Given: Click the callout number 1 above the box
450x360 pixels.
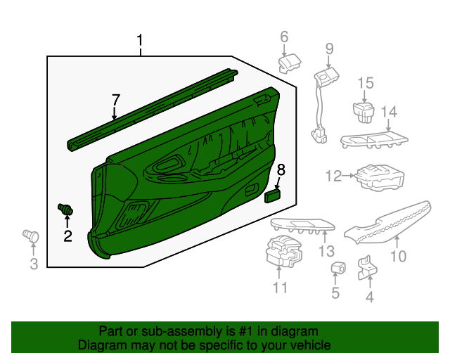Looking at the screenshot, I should pos(140,41).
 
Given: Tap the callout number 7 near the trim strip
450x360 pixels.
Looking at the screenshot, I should pos(116,101).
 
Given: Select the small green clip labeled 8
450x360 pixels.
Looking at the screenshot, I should pos(274,195).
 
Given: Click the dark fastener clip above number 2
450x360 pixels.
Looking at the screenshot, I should pos(67,210).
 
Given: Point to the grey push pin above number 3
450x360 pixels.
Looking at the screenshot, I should pos(30,235).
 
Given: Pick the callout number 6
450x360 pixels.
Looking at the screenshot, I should pos(284,37).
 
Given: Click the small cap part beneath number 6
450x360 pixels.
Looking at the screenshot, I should pos(290,64).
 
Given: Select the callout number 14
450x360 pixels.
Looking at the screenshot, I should pos(389,112).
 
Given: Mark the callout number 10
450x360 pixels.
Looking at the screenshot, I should pos(398,257).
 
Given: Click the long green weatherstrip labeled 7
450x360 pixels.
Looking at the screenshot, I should pos(151,109).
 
